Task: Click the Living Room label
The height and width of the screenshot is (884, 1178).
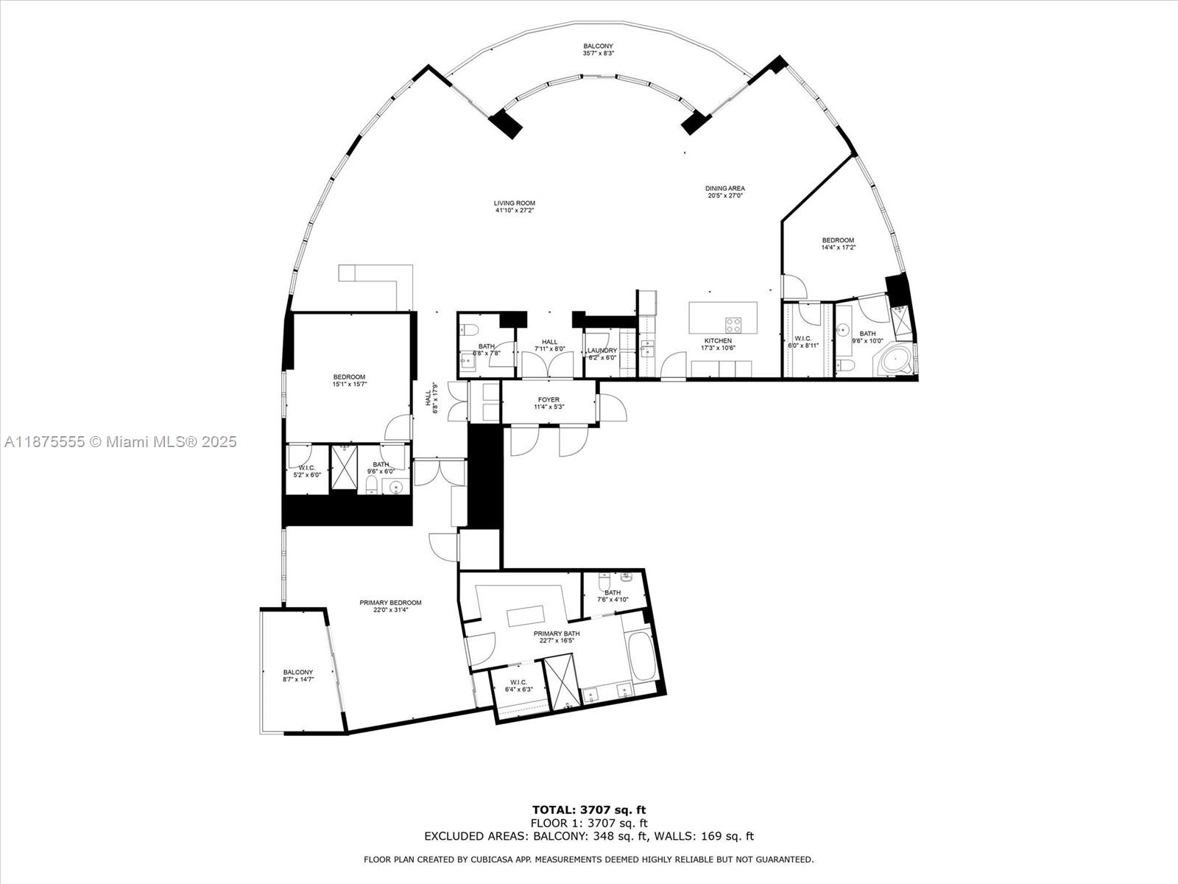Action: (515, 207)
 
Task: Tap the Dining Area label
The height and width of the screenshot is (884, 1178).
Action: (725, 192)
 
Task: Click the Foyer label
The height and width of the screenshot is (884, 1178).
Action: (549, 403)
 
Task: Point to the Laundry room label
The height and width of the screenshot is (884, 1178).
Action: (602, 354)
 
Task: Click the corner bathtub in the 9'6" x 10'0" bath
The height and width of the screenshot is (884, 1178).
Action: (892, 362)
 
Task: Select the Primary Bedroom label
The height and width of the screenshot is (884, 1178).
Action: (390, 606)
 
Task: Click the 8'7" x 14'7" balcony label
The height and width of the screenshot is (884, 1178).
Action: (298, 676)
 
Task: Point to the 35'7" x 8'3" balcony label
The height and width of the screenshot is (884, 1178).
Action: (598, 49)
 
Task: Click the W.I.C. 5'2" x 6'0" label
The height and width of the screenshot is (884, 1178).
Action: (306, 471)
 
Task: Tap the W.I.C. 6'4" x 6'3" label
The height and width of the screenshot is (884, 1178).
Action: (518, 686)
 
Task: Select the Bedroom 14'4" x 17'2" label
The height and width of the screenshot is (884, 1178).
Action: (838, 244)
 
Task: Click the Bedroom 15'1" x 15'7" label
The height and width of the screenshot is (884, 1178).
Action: (349, 380)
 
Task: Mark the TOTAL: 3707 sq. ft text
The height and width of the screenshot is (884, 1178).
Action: (589, 810)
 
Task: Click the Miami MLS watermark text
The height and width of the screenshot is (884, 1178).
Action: (121, 442)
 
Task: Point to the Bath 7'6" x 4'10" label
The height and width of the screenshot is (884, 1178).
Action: (613, 596)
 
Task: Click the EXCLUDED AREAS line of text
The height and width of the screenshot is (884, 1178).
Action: (589, 836)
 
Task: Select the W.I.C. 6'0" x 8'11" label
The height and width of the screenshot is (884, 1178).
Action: (803, 342)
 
